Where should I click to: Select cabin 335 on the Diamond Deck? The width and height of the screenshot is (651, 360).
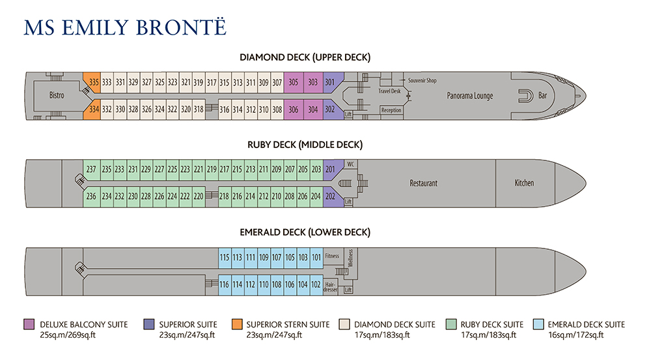[94, 82]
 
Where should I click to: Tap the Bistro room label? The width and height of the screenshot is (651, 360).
[57, 95]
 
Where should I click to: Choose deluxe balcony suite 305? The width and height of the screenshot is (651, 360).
[294, 82]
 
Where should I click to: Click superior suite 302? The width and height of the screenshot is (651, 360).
[330, 110]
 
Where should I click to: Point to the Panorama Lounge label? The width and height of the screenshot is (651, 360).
[469, 96]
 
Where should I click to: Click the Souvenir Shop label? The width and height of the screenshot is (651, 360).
[422, 80]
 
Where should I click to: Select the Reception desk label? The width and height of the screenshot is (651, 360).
[391, 110]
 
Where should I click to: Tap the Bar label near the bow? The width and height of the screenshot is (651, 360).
[543, 96]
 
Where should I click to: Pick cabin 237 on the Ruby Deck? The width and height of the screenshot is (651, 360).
[91, 170]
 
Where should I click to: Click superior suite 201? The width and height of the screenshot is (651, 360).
[330, 170]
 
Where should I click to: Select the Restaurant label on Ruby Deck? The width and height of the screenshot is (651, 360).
[423, 183]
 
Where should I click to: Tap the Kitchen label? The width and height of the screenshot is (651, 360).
[524, 183]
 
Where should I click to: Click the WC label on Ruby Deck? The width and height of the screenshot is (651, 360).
[350, 164]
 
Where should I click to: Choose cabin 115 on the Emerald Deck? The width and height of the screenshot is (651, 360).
[224, 258]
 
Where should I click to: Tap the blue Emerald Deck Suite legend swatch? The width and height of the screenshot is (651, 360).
[537, 324]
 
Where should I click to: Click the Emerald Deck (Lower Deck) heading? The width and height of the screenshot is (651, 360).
[305, 232]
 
